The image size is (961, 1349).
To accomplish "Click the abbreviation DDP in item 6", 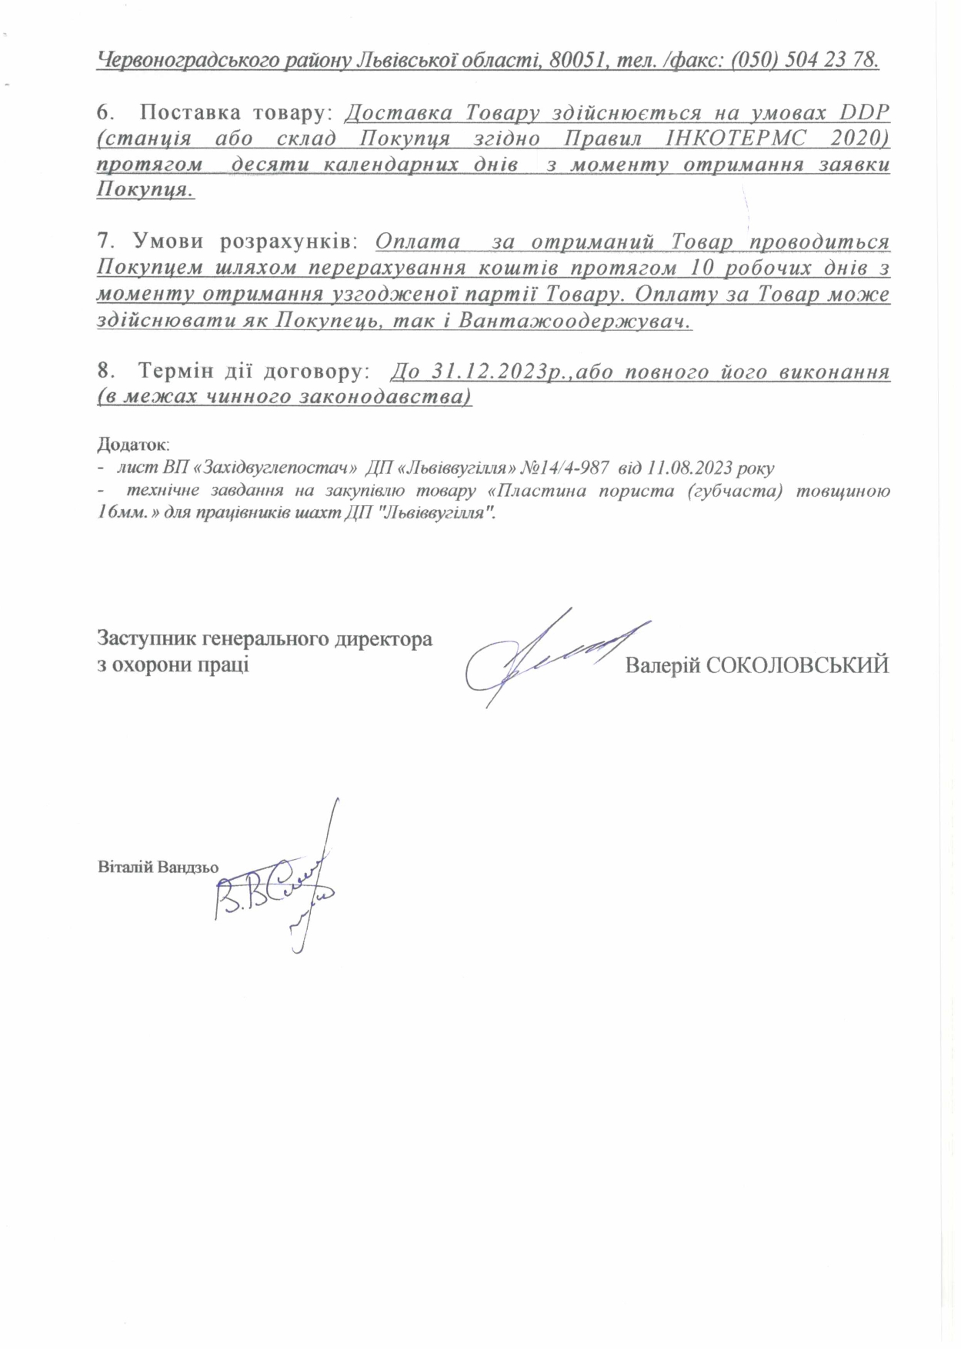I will tap(863, 112).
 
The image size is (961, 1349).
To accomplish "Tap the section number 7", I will tap(105, 241).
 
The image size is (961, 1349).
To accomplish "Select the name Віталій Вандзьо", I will tap(158, 867).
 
